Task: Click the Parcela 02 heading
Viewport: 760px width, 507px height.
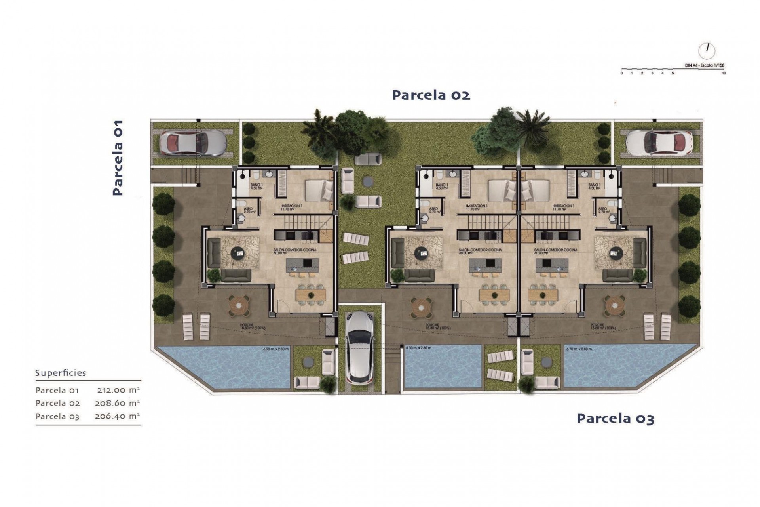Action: click(x=431, y=95)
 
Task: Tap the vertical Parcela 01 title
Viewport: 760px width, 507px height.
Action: click(x=118, y=158)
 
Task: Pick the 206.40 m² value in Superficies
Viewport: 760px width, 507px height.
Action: click(x=117, y=416)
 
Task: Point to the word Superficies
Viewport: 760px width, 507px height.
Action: click(x=61, y=373)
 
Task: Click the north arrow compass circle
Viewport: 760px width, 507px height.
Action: click(x=707, y=50)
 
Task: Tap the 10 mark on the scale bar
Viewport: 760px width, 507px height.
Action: click(x=724, y=73)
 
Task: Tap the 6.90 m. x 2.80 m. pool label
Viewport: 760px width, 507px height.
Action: click(x=276, y=349)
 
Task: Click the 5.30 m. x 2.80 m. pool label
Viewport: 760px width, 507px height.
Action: click(x=419, y=348)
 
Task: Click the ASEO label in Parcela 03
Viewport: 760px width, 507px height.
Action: click(x=602, y=210)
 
